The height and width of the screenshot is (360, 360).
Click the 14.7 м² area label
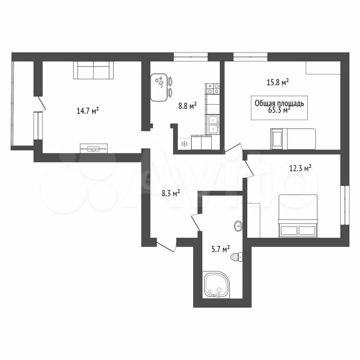(88, 111)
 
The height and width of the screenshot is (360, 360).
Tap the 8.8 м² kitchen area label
(187, 106)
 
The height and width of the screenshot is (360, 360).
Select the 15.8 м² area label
(277, 82)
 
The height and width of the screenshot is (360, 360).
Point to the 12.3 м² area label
(300, 168)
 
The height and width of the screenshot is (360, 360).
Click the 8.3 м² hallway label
(171, 193)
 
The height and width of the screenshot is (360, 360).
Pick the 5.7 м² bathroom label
(220, 249)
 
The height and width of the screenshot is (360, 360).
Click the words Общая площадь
(279, 103)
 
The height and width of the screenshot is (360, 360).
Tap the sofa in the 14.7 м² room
(93, 70)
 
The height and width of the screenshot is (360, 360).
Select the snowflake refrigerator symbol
(184, 144)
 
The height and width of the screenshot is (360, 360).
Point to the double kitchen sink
(213, 124)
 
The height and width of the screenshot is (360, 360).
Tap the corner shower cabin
(216, 285)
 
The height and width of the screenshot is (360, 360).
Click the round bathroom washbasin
(239, 225)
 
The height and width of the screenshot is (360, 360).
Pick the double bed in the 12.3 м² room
(298, 216)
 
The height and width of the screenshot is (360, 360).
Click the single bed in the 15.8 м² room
(293, 139)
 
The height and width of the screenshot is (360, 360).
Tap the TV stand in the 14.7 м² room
(94, 148)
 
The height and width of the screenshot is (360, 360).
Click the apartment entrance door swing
(166, 245)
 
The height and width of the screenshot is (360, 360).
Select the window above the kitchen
(190, 57)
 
